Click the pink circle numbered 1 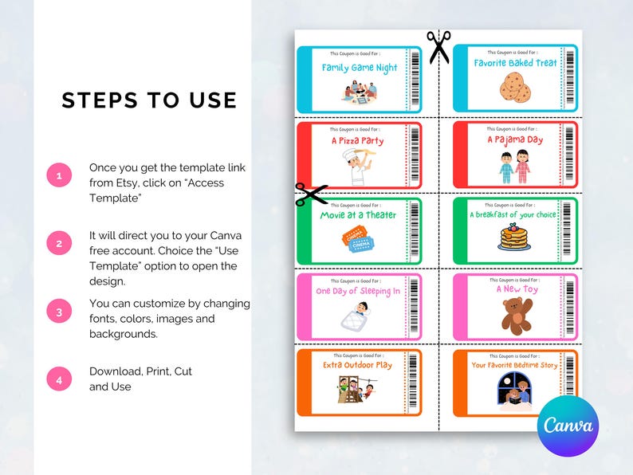pos(59,175)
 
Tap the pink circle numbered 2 pos(59,244)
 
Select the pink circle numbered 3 pos(59,312)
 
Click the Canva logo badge pos(568,425)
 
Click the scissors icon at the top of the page pos(438,46)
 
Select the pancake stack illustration pos(514,237)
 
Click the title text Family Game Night pos(360,68)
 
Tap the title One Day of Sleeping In pos(358,291)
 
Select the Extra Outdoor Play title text pos(358,365)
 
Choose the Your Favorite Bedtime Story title pos(514,365)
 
